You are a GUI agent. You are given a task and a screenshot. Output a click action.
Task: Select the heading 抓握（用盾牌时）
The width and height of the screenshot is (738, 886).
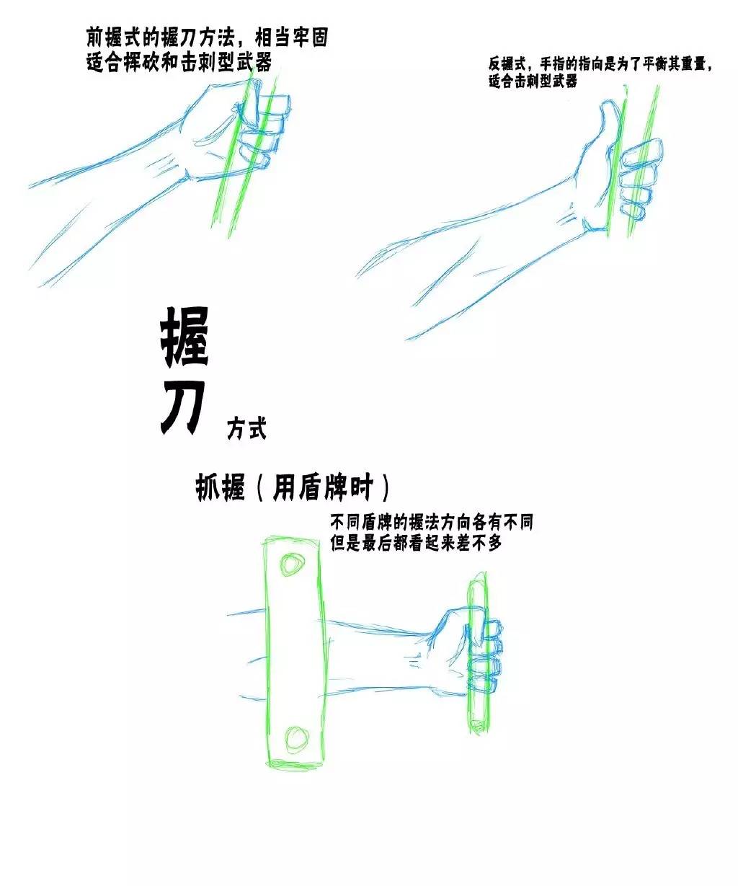(292, 488)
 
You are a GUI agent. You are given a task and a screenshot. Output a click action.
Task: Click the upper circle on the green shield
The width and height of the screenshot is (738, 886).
(292, 564)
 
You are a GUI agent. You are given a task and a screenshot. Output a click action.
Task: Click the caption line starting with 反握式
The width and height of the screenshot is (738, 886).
(600, 65)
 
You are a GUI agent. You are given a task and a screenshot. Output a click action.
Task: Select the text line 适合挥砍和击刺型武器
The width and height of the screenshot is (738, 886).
(179, 63)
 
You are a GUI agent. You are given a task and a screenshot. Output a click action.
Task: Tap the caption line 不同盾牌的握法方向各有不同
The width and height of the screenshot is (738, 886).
(432, 523)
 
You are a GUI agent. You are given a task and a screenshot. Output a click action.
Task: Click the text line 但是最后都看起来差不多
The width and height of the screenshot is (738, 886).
(416, 543)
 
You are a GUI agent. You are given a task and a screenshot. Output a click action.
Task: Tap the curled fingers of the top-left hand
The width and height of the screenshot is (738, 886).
(265, 130)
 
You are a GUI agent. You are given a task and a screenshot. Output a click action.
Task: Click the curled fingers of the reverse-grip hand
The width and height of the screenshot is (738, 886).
(639, 178)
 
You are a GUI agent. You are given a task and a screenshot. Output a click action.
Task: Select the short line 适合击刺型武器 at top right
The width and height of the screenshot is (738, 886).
(533, 81)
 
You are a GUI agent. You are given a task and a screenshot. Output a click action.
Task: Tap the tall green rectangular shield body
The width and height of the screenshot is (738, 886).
(296, 653)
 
